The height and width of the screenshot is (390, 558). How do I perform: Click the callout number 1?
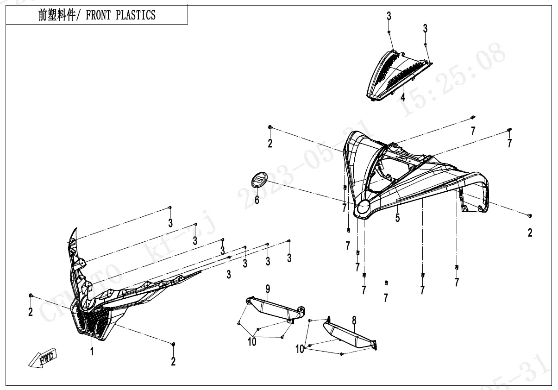point(92,352)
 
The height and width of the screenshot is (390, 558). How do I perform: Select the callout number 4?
point(403,97)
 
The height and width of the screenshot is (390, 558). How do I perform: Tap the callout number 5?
point(397,217)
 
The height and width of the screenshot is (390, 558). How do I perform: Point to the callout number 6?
point(257,200)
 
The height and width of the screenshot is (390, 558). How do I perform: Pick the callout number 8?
point(354,320)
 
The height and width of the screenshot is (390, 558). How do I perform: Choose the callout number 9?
point(268,289)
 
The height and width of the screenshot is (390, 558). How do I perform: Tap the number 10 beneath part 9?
point(252,342)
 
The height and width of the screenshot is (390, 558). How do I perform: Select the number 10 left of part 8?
point(300,349)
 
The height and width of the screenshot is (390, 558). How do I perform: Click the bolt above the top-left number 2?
point(270,127)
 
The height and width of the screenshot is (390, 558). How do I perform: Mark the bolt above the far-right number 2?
point(530,216)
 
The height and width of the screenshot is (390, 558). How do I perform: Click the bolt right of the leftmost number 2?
point(31,295)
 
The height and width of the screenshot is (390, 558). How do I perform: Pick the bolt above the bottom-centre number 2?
point(173,344)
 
